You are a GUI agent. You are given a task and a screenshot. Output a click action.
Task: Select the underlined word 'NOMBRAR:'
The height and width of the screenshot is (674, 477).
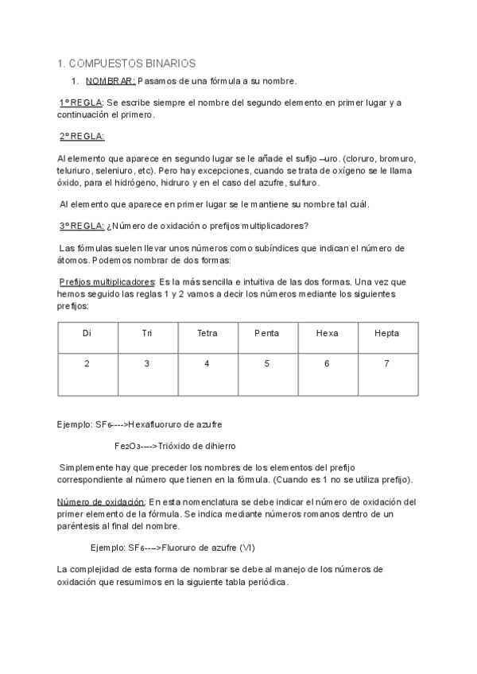[x=111, y=81]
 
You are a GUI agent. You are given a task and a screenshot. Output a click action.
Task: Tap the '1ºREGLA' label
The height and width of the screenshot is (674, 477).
[x=82, y=103]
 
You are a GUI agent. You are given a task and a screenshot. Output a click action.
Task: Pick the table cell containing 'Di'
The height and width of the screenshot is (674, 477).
[x=87, y=333]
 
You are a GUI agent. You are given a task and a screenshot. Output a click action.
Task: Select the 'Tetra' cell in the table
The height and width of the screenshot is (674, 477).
[x=207, y=333]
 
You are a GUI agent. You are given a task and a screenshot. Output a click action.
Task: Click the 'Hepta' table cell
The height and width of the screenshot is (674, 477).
[x=386, y=333]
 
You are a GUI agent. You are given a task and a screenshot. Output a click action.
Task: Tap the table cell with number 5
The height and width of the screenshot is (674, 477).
[x=267, y=363]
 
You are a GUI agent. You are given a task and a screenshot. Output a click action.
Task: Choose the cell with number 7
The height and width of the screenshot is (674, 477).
[x=386, y=363]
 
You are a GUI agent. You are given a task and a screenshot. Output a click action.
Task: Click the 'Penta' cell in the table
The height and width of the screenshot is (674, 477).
[x=267, y=333]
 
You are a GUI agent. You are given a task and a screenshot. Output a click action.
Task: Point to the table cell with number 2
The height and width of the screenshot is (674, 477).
[x=87, y=363]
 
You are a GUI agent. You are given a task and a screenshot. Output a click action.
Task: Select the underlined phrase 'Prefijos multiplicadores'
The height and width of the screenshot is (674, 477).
[x=107, y=282]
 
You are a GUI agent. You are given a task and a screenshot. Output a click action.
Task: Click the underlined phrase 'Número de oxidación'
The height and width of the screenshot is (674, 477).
[x=101, y=502]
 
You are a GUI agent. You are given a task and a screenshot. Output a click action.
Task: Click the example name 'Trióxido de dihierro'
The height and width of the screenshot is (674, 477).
[x=196, y=446]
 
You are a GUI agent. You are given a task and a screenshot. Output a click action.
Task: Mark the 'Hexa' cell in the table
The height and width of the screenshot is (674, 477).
[x=327, y=333]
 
